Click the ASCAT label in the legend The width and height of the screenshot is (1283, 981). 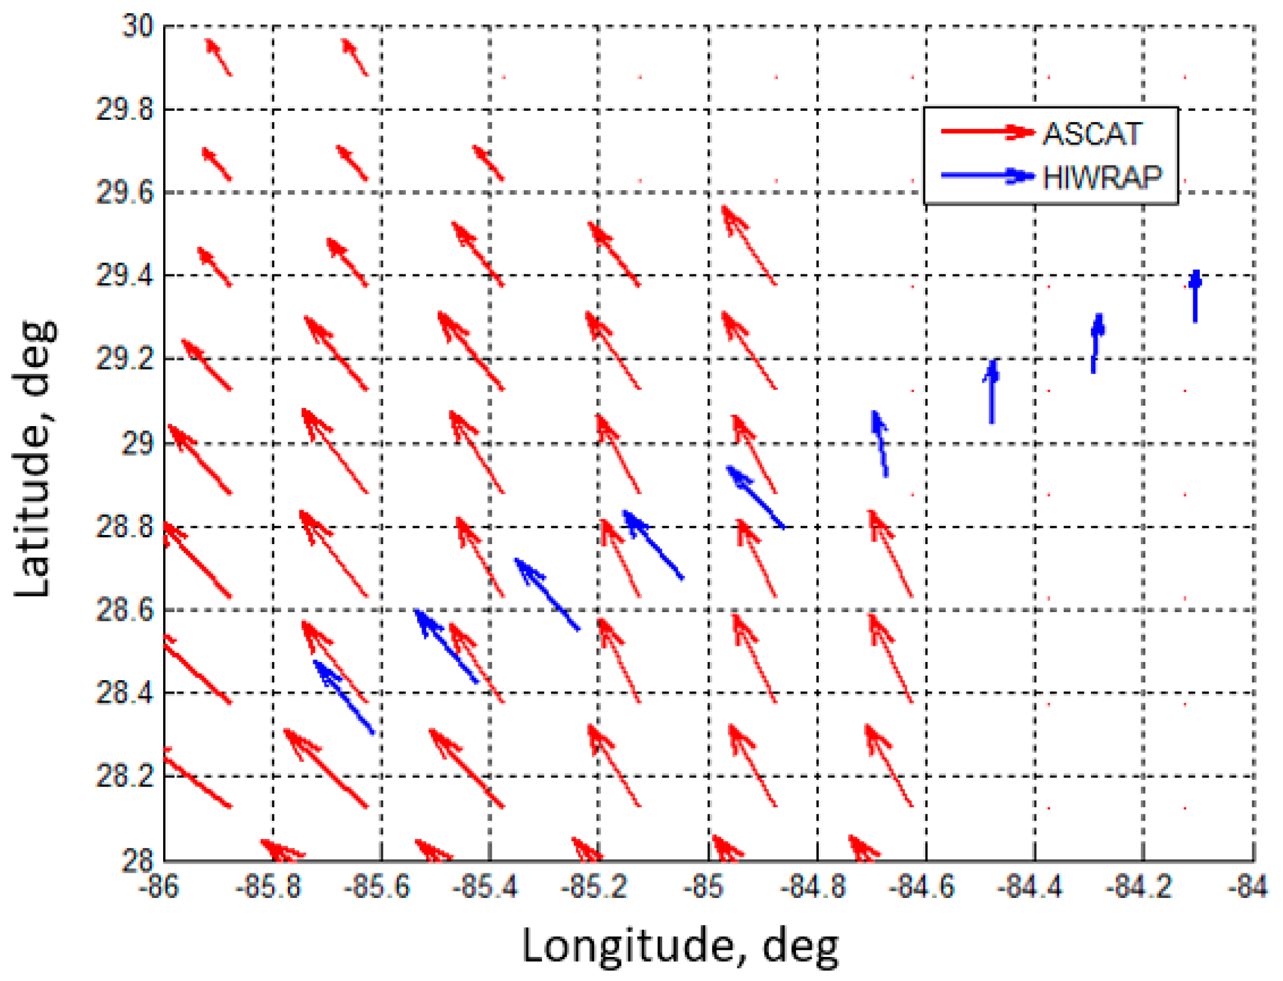click(x=1092, y=134)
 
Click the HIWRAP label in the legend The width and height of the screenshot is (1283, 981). click(x=1102, y=178)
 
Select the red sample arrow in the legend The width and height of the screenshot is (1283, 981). click(x=987, y=132)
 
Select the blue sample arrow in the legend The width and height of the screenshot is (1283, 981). click(x=987, y=176)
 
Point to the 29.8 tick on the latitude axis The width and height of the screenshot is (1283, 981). click(x=124, y=110)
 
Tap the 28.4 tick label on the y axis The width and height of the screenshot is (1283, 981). click(x=124, y=693)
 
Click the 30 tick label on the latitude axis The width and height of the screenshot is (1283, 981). click(x=137, y=27)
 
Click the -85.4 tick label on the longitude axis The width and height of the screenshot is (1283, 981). click(x=485, y=887)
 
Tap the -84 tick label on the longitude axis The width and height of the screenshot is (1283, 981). click(x=1247, y=887)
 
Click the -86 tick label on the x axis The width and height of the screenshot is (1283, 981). click(x=158, y=887)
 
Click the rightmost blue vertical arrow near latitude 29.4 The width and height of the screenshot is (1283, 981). click(x=1195, y=296)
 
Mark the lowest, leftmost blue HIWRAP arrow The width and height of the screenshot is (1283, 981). click(x=344, y=697)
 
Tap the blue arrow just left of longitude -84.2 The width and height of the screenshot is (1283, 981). click(x=1096, y=343)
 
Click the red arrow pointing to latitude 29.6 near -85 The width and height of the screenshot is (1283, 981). click(x=748, y=245)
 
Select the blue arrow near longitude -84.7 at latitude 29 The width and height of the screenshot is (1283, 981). click(x=880, y=444)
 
